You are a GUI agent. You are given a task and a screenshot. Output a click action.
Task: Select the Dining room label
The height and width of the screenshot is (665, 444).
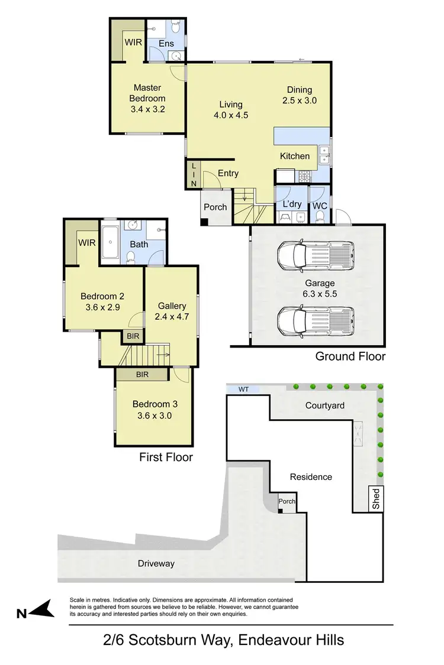299,90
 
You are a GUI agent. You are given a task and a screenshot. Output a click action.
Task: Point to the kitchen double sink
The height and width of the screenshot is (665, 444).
324,155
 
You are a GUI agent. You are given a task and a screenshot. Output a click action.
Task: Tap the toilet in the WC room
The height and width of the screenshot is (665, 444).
321,215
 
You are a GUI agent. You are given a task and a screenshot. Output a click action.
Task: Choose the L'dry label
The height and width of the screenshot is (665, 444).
291,204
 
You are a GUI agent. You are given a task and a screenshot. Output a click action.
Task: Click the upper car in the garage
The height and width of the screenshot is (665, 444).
315,254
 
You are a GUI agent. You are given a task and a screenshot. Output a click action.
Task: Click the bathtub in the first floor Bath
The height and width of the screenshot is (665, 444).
111,241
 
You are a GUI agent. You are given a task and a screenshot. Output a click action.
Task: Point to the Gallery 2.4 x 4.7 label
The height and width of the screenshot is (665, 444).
172,311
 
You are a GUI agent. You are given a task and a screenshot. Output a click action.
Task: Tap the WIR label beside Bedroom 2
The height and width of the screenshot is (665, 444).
87,242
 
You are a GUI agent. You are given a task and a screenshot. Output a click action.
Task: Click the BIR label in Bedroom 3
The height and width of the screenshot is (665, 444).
141,375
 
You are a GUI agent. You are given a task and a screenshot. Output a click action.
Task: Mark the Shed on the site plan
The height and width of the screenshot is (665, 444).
375,499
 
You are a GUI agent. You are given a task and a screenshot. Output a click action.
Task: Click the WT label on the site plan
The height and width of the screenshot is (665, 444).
243,390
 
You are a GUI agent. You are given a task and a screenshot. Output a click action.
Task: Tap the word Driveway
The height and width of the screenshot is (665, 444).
156,563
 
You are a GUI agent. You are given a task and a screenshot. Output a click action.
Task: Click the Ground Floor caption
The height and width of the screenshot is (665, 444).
350,356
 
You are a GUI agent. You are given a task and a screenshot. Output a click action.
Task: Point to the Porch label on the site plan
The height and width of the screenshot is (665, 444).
287,501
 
